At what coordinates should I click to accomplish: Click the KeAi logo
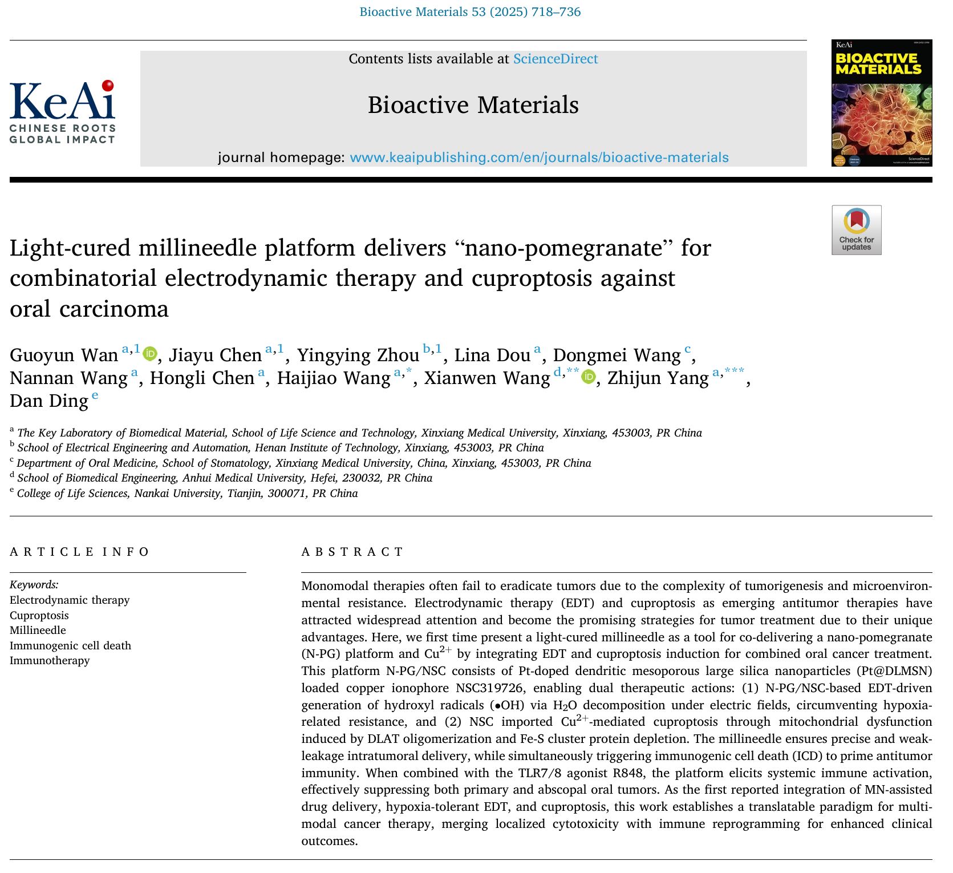[x=62, y=112]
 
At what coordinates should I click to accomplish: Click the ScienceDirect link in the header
[x=555, y=59]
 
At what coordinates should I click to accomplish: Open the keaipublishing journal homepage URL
[x=539, y=157]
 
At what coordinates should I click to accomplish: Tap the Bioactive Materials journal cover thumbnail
[x=881, y=103]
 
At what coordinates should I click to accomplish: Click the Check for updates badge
[x=856, y=230]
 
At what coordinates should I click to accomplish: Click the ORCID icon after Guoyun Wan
[x=150, y=354]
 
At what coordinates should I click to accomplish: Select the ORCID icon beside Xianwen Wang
[x=588, y=377]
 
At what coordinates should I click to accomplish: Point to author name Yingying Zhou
[x=358, y=355]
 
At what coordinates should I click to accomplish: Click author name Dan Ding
[x=49, y=401]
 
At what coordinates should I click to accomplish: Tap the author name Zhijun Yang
[x=658, y=378]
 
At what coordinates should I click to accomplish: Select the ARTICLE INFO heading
[x=79, y=552]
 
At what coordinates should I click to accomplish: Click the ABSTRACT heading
[x=352, y=552]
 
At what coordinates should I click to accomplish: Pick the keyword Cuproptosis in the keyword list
[x=39, y=615]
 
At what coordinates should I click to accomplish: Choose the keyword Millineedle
[x=38, y=630]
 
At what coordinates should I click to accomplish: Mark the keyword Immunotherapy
[x=50, y=660]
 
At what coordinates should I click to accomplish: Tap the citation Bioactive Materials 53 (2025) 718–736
[x=470, y=12]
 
